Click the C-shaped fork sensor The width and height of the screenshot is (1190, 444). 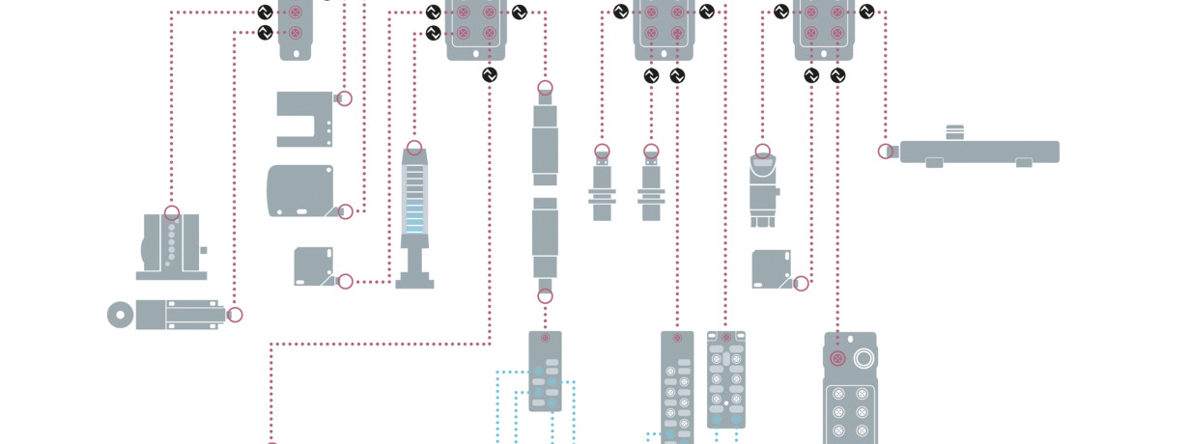coord(301,119)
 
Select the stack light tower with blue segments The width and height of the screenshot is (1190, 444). coord(414,218)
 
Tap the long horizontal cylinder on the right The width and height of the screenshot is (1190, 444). coord(978,152)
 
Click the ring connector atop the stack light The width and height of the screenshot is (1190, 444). coord(414,149)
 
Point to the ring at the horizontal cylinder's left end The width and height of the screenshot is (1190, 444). coord(886,152)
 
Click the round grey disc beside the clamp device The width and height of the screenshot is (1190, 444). coord(121,315)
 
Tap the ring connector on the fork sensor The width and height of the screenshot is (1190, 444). coord(345,98)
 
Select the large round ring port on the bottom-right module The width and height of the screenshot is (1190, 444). coord(864,358)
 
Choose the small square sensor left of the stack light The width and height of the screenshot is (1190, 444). coord(314,266)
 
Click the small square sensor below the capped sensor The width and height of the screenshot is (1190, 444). coord(772,268)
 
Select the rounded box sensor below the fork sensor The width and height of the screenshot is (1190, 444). coord(299,190)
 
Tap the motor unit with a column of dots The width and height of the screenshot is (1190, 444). coord(171,246)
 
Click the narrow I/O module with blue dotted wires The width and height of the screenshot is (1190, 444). coord(545,372)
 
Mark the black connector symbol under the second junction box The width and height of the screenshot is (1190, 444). coord(490,75)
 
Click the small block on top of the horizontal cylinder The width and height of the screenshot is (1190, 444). coord(954,132)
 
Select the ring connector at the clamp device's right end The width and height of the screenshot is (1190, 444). coord(234,315)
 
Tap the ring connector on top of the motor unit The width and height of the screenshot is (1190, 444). coord(172,213)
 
